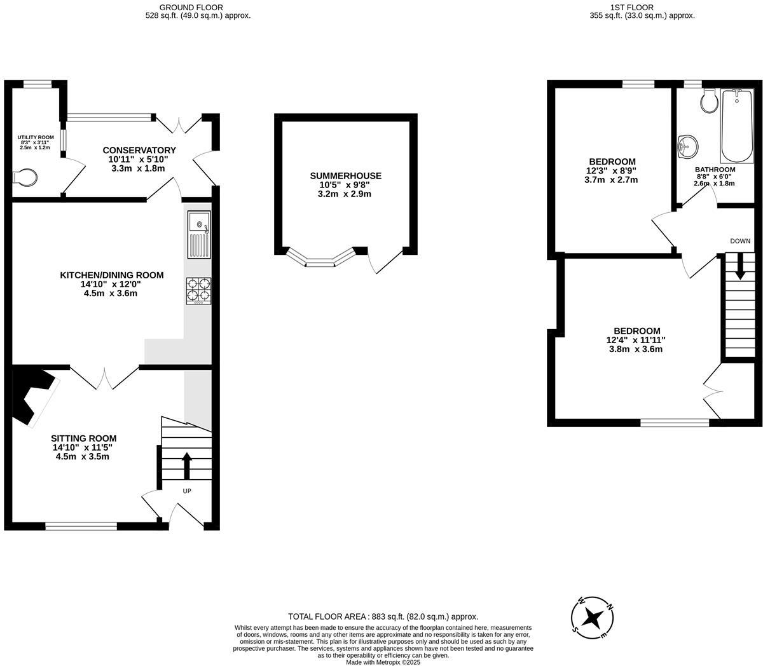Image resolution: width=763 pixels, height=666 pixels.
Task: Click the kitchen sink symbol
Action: (199, 234)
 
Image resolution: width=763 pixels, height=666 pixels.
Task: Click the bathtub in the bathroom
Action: (736, 126)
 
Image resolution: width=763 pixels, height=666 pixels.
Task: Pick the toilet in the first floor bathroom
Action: (708, 100)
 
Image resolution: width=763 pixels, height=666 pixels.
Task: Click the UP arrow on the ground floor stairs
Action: (186, 465)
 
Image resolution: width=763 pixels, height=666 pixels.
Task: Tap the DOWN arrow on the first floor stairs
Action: (739, 266)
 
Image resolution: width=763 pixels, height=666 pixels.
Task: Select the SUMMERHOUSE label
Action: (345, 176)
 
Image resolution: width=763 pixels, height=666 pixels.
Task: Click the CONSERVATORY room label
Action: (139, 150)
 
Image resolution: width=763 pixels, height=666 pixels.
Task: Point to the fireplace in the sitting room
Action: (35, 397)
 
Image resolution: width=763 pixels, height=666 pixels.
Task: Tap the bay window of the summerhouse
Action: (320, 257)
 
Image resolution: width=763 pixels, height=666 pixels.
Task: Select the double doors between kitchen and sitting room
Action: (104, 377)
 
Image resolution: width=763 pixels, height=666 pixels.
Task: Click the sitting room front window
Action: (81, 526)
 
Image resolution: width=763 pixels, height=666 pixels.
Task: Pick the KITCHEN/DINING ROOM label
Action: (111, 275)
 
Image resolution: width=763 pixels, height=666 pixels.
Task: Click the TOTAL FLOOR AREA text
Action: (383, 616)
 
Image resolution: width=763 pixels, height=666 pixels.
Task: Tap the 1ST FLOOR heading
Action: (642, 8)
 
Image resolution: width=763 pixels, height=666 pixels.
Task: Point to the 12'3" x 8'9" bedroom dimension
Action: (611, 171)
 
